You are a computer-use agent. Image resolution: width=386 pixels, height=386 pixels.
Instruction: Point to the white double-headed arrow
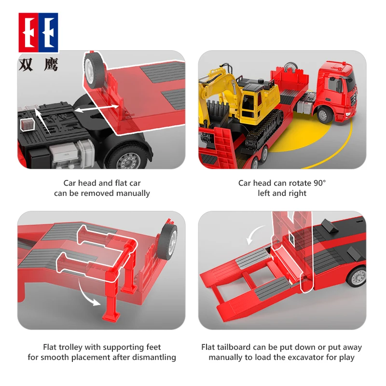coord(96,109)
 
